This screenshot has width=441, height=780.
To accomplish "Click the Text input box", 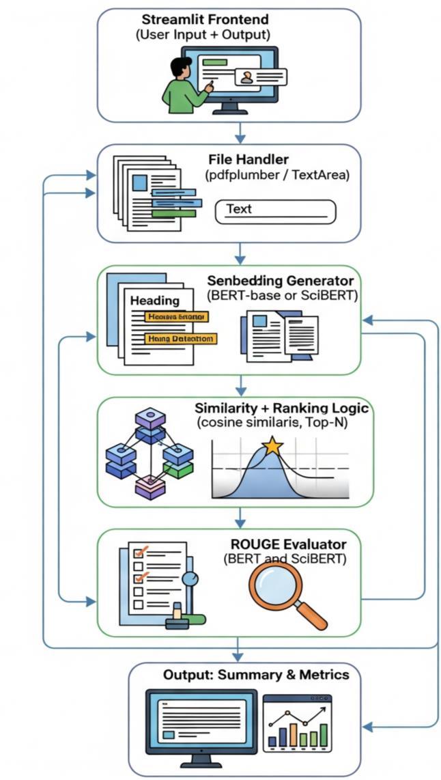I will coord(276,211).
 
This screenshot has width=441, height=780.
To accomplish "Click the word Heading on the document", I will coord(155,301).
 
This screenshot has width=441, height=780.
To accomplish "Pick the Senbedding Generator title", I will coord(280,281).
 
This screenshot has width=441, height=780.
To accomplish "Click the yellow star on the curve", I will coord(272,447).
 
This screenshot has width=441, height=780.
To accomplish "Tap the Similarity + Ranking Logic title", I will coord(281,408).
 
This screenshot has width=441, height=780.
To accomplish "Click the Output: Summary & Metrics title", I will coord(256,675).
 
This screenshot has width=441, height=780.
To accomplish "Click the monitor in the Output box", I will coord(201,725).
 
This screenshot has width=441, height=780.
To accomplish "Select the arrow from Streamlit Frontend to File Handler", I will coord(239,132).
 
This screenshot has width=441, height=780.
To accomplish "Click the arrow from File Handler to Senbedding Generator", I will coord(239,254).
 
